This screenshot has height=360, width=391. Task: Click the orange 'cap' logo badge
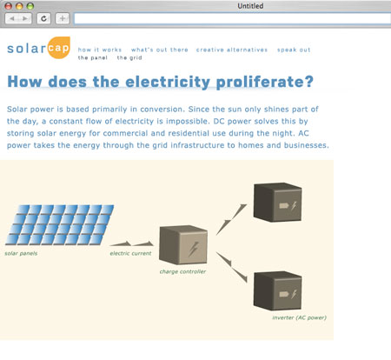tap(58, 48)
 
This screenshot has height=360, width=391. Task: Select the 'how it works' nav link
tap(100, 50)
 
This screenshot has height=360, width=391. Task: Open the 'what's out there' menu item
tap(160, 50)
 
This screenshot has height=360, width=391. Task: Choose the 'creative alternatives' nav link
tap(232, 50)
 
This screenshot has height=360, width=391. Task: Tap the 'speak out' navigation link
tap(294, 50)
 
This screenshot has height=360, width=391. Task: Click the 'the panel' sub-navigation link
tap(93, 57)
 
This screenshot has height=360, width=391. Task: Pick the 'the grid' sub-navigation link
tap(129, 57)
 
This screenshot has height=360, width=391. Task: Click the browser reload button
tap(43, 18)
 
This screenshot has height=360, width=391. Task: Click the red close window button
tap(9, 6)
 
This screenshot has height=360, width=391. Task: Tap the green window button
tap(30, 6)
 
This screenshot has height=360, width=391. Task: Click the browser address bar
tap(232, 19)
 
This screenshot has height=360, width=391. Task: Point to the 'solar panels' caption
tap(21, 253)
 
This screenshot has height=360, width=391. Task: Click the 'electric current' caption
tap(130, 253)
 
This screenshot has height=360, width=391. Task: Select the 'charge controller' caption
tap(182, 271)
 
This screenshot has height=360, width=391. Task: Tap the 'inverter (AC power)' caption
tap(299, 317)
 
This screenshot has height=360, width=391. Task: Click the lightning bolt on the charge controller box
tap(194, 249)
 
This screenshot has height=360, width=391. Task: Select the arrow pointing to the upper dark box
tap(231, 219)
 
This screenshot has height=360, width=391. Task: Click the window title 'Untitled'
tap(250, 6)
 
